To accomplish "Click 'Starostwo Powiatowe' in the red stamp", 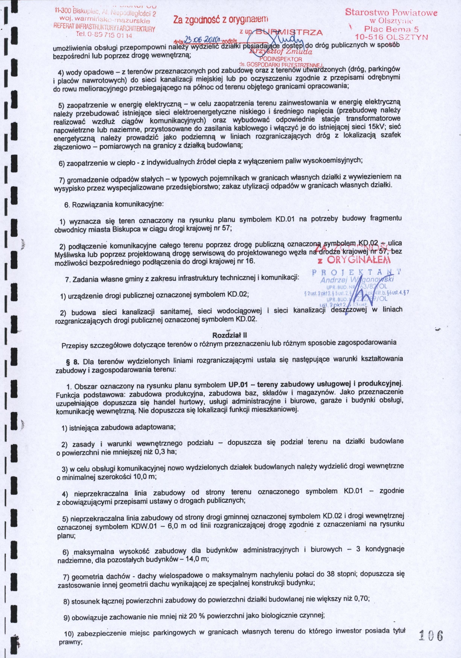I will (x=391, y=13).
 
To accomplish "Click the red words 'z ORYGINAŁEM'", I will (x=354, y=261).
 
